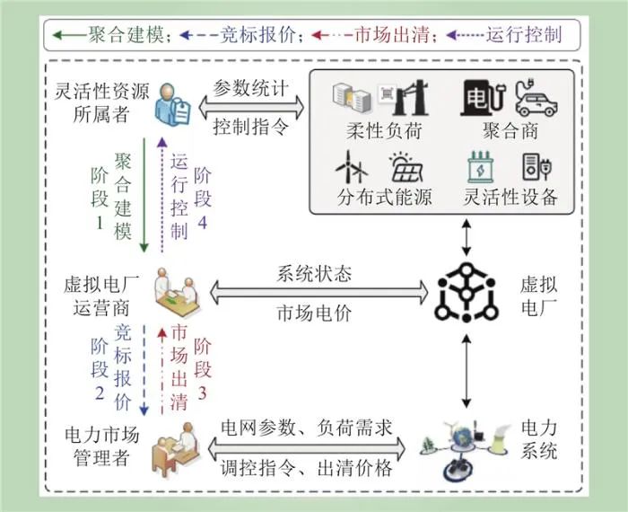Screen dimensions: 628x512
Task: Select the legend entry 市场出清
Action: click(x=393, y=35)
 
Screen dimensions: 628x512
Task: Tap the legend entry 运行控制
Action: click(x=524, y=35)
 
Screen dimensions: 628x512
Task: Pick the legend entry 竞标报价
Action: click(x=258, y=35)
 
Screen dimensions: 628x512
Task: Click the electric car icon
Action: click(x=536, y=98)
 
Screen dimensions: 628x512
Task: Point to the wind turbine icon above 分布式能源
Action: click(x=352, y=167)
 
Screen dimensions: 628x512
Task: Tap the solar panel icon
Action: click(x=406, y=168)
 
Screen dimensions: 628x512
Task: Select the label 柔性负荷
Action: click(x=384, y=131)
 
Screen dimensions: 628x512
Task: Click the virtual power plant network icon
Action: click(x=467, y=292)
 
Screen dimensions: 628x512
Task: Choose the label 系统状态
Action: click(x=314, y=274)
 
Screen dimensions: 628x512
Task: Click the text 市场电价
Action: click(x=314, y=313)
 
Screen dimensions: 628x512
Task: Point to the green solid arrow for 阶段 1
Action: click(x=144, y=195)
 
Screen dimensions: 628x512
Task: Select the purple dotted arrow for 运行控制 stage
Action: click(x=161, y=195)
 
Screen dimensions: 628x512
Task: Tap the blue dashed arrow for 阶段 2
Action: click(x=144, y=370)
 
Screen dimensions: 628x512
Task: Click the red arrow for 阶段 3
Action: click(x=161, y=371)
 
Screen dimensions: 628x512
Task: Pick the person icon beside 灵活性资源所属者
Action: click(x=172, y=104)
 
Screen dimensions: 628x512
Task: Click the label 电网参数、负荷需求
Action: click(x=307, y=428)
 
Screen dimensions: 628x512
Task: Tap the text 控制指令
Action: click(x=250, y=127)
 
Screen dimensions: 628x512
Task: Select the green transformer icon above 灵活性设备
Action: click(x=481, y=167)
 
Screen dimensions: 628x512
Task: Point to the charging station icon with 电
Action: click(x=482, y=98)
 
